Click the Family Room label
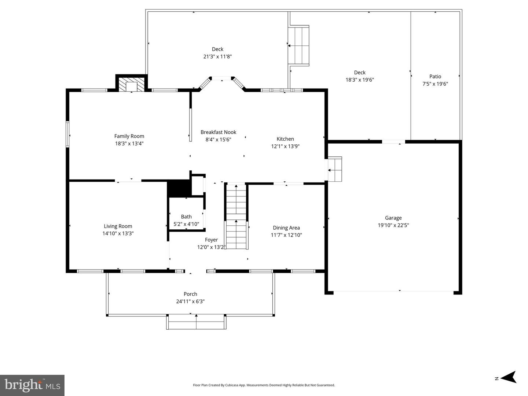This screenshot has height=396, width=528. (x=129, y=136)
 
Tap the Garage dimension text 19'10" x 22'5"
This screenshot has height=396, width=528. (x=393, y=225)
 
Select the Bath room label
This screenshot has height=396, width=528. (x=186, y=217)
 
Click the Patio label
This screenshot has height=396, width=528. (x=435, y=77)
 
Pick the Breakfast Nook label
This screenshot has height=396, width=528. (x=218, y=132)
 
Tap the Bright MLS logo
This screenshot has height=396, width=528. (x=32, y=385)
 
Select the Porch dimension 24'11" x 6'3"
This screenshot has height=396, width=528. (x=190, y=301)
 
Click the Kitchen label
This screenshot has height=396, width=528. (x=285, y=139)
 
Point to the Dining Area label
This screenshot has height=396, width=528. (x=286, y=228)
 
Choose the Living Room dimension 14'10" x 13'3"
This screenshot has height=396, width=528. (x=118, y=233)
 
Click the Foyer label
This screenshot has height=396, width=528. (x=212, y=240)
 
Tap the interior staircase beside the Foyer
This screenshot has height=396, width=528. (x=236, y=216)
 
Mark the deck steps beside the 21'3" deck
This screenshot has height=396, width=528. (x=299, y=45)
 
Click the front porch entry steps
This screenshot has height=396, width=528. (x=196, y=322)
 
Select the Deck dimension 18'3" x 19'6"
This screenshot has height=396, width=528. (x=359, y=79)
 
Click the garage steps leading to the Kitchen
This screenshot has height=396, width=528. (x=334, y=169)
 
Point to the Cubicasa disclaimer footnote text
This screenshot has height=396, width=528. (x=264, y=385)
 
